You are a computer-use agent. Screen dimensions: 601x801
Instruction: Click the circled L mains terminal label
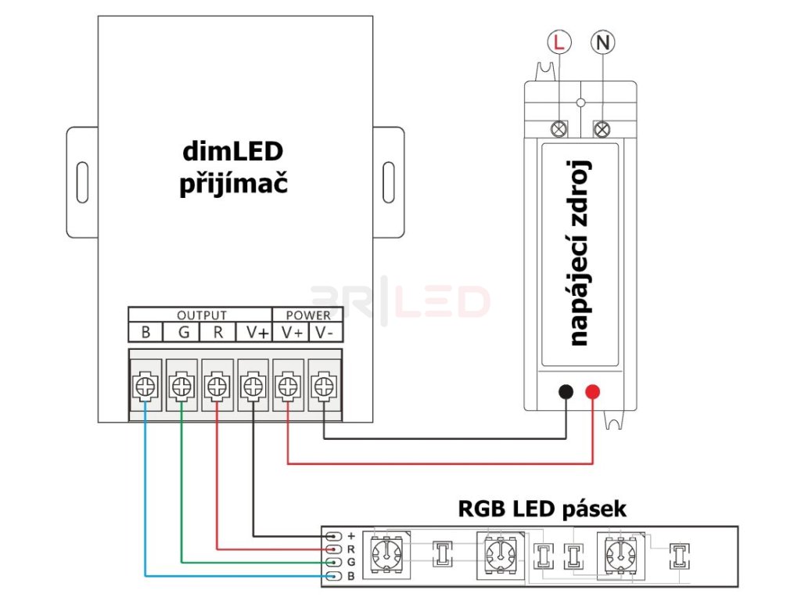pos(558,42)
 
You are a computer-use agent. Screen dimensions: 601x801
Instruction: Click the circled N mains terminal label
pos(602,42)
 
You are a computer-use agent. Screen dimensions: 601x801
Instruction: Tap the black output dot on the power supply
pos(566,393)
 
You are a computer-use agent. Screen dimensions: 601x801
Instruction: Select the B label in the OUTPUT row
pos(145,333)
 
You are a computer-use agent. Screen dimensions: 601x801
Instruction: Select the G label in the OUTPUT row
pos(183,333)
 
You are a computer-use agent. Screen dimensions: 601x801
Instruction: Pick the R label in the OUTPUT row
pos(218,333)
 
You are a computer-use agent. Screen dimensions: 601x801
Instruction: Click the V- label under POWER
pos(324,333)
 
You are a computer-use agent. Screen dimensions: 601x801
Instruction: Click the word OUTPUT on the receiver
pos(201,315)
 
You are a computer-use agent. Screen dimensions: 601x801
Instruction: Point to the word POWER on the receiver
pos(308,315)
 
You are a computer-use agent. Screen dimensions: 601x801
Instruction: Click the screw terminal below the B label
pos(145,385)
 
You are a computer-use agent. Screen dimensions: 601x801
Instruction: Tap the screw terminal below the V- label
pos(323,385)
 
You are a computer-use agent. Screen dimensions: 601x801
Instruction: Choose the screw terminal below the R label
pos(217,385)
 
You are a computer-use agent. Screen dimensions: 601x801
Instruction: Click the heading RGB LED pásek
pos(542,509)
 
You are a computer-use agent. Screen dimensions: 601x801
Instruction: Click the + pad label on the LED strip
pos(351,536)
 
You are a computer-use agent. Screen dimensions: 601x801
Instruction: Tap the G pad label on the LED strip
pos(351,562)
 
